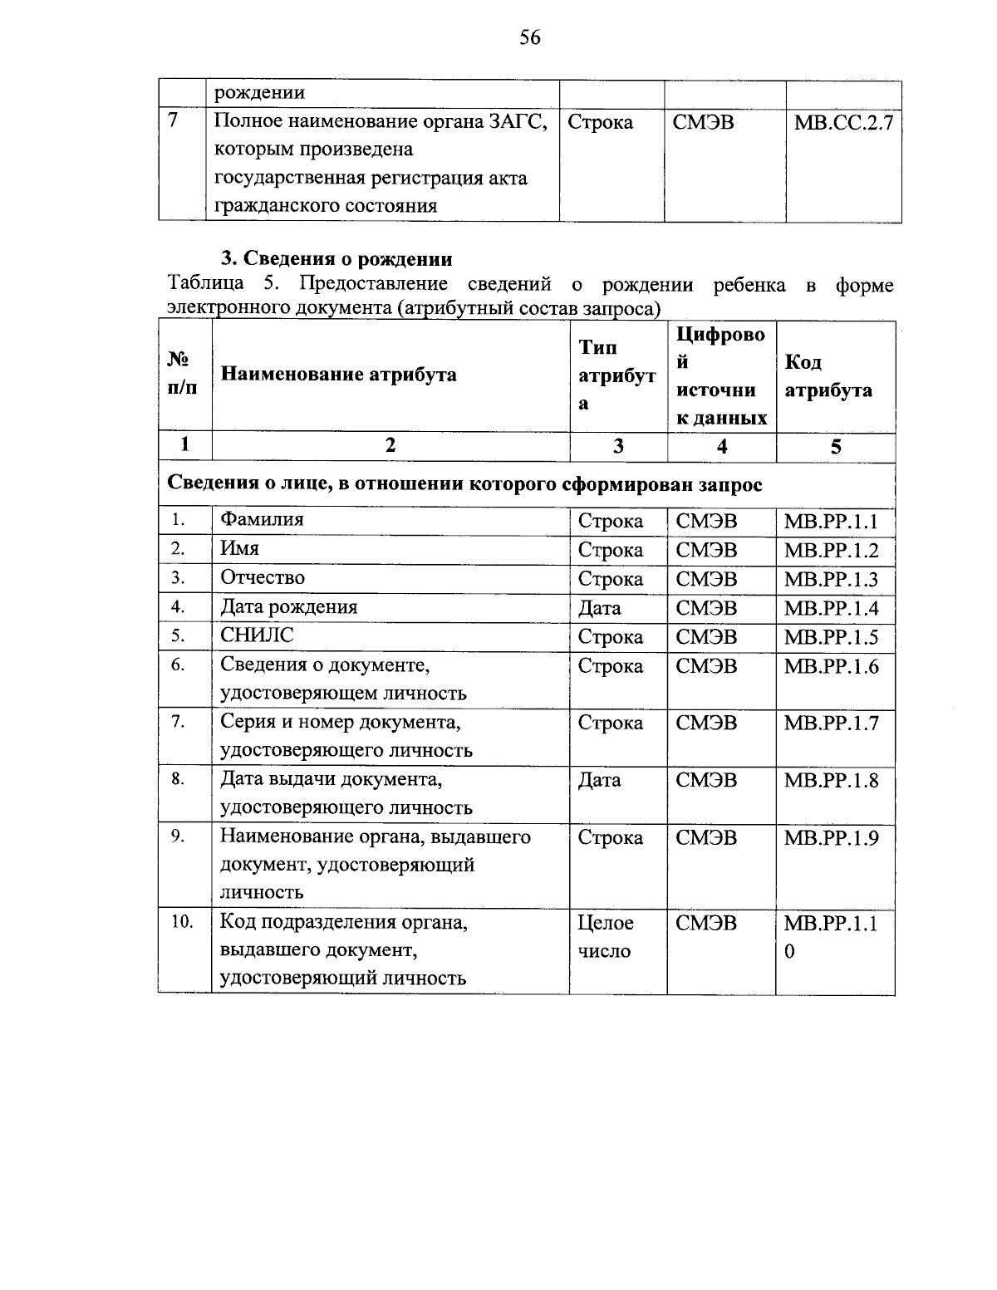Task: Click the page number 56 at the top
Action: coord(529,37)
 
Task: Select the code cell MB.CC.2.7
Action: coord(843,123)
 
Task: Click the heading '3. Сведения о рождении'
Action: coord(336,258)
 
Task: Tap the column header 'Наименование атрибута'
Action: coord(338,375)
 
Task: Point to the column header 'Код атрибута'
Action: coord(828,376)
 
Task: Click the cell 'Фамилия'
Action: coord(262,520)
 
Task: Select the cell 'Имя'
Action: coord(239,549)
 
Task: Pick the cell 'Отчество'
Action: coord(263,577)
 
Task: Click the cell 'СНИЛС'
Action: coord(257,635)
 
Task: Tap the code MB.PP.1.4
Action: coord(831,609)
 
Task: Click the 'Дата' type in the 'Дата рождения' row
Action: coord(599,608)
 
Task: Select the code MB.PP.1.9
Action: coord(831,838)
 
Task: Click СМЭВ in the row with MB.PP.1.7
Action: coord(706,723)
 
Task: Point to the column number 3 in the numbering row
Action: coord(618,446)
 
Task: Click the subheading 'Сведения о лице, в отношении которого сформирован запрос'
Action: coord(465,484)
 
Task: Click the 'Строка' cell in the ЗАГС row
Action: coord(600,123)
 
